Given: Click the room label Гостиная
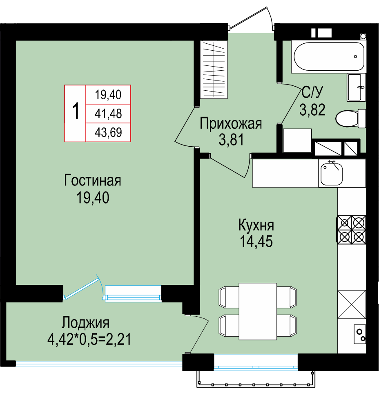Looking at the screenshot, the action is pos(93,181).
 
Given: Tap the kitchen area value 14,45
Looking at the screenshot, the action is pos(256,241).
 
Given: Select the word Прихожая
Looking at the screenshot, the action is pos(231,124).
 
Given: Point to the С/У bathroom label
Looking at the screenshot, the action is pos(312,92).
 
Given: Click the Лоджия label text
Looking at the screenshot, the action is pos(86,323).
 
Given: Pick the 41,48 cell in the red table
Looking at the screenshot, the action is pos(108,114).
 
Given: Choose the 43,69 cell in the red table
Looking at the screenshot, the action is pos(108,132).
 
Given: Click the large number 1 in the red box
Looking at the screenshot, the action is pos(76,111).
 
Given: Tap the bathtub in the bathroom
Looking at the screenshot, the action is pos(329,56).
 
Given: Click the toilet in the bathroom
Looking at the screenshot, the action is pos(350,119).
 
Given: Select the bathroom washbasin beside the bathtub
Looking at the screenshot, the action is pos(357,87).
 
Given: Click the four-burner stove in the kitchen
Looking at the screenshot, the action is pos(351,230).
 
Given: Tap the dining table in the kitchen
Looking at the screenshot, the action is pos(258,311).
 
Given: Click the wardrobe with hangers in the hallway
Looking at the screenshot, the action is pos(214,69).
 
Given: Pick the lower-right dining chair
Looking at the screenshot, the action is pos(287,325).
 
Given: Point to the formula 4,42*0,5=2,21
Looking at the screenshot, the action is pos(89,340).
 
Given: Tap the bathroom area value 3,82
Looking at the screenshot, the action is pos(312,110).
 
